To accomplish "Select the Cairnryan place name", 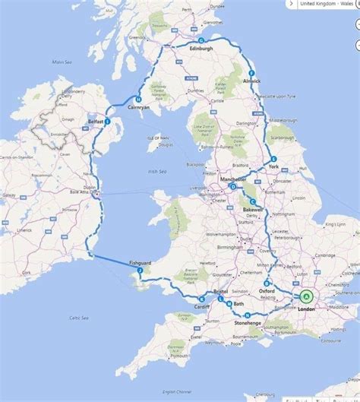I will [137, 107].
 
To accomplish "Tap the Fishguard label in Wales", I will [141, 263].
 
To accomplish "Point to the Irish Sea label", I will [158, 172].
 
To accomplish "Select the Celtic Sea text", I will [78, 317].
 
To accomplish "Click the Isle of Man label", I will [157, 138].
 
